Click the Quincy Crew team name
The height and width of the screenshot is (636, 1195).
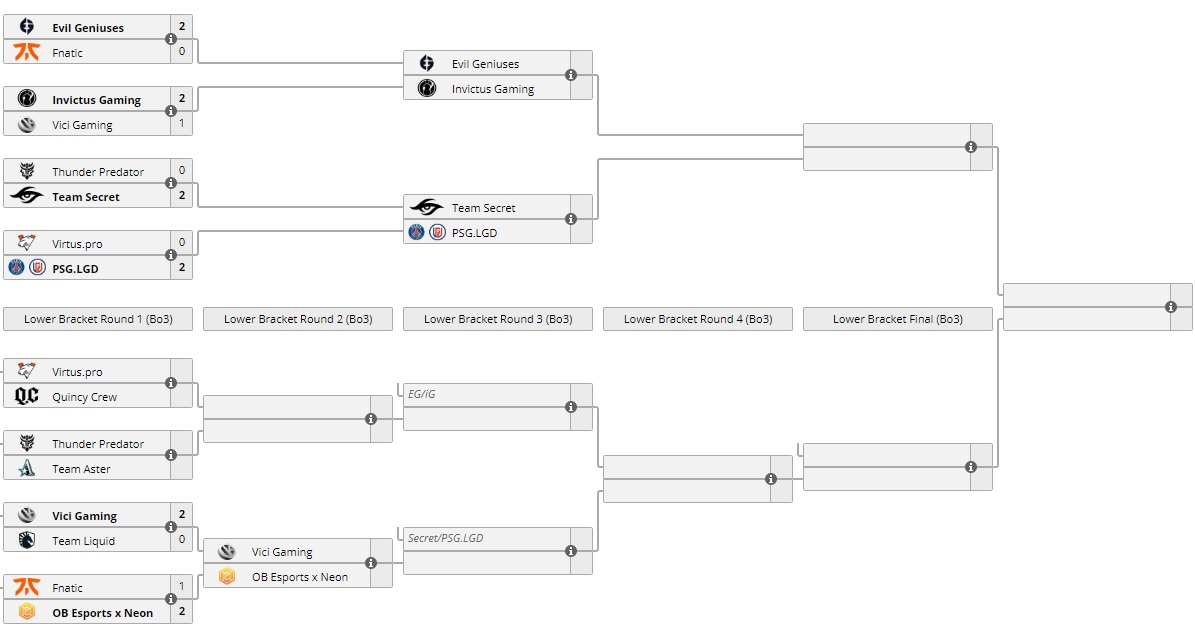pos(84,397)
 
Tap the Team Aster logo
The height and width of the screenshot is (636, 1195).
pos(27,469)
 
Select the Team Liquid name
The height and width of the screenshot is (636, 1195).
pos(83,541)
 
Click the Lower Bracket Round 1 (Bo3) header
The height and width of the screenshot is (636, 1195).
pos(98,319)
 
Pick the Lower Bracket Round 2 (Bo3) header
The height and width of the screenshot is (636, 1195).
pos(298,319)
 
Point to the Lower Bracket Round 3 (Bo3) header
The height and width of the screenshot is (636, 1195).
pos(498,319)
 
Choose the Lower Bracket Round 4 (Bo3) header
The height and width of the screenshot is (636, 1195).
pos(698,319)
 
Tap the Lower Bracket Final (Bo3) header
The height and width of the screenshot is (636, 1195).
pos(898,319)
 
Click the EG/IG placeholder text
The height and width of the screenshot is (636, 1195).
pos(422,394)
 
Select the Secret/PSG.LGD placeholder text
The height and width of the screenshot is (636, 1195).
pos(445,538)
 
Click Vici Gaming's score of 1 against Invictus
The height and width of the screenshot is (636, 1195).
pos(182,124)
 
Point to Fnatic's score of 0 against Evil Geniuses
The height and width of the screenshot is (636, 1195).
pos(182,51)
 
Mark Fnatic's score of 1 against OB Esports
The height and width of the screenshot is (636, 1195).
pos(182,587)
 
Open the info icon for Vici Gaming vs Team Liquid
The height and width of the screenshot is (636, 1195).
pos(171,527)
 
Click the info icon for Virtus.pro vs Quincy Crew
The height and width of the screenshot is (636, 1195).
pos(171,383)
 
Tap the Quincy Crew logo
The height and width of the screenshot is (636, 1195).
pos(27,397)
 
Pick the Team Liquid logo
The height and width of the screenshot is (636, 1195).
pos(27,541)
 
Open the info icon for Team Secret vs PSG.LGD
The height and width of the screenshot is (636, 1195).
pos(571,219)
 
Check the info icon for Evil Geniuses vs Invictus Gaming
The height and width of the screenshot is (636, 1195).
pos(571,75)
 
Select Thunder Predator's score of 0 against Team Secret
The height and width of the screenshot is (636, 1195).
pos(182,170)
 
